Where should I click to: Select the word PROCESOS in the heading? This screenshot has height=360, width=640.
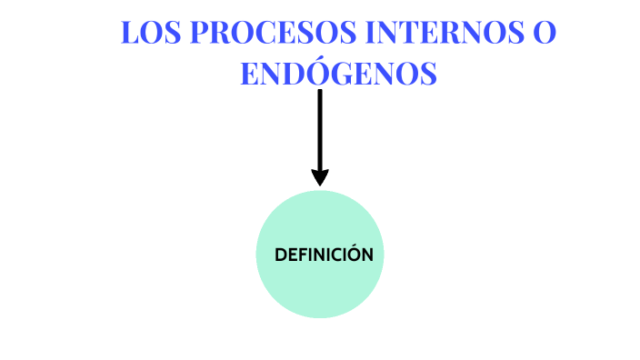[x=269, y=33]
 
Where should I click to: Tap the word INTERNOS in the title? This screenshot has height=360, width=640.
[x=438, y=33]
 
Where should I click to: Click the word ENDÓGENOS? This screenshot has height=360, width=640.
[x=338, y=73]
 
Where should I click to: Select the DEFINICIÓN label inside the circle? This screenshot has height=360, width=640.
[x=324, y=255]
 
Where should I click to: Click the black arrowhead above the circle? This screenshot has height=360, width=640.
[x=319, y=176]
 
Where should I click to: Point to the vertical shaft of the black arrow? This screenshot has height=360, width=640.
[x=319, y=127]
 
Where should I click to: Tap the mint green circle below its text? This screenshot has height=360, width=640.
[x=321, y=291]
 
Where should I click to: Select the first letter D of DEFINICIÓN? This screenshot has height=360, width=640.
[x=281, y=255]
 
